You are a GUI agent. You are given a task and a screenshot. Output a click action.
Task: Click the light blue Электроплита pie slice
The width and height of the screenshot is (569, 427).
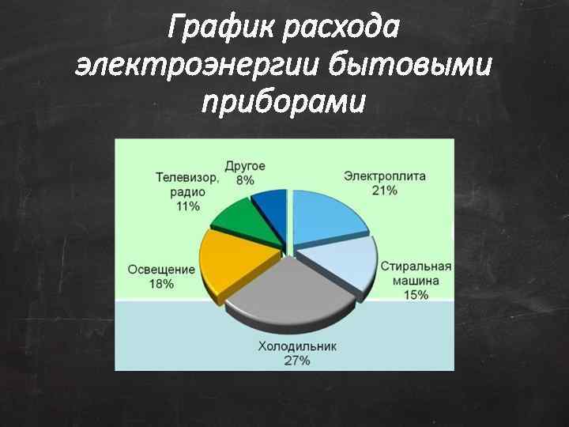[328, 215]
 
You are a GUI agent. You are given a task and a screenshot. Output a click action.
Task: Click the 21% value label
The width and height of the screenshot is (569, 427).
[384, 190]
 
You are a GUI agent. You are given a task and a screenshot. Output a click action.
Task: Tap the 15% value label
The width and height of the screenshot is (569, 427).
[416, 295]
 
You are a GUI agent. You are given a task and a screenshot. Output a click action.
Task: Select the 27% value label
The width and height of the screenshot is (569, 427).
[297, 361]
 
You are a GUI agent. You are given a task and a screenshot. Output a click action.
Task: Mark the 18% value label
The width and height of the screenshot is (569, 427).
[161, 284]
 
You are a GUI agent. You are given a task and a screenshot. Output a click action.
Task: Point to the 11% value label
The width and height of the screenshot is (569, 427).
[187, 206]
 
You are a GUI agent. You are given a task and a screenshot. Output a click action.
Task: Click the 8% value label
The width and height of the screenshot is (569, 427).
[245, 180]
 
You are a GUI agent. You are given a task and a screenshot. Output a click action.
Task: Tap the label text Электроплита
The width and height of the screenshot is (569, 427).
[385, 176]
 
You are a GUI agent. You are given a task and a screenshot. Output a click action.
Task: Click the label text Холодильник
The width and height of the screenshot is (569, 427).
[297, 346]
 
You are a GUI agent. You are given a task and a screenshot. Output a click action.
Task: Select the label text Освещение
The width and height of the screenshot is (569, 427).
[161, 270]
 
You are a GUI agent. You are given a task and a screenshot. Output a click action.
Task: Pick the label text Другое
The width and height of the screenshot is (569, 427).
[245, 166]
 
